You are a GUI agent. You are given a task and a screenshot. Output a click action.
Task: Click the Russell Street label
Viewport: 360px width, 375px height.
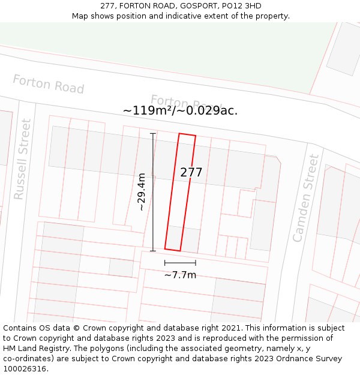click(22, 159)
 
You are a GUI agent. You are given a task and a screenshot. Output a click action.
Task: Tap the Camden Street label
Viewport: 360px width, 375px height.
click(306, 198)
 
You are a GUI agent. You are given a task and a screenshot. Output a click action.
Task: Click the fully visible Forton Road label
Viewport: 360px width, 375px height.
click(48, 84)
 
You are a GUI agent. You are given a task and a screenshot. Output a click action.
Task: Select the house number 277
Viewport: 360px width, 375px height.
click(191, 172)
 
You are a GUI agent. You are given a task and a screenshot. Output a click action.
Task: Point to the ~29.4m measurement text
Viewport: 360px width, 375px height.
click(142, 192)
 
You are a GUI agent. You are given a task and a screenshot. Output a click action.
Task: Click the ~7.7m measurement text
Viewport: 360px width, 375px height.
click(180, 275)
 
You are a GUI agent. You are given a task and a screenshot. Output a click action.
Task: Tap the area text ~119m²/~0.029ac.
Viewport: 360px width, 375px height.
click(180, 110)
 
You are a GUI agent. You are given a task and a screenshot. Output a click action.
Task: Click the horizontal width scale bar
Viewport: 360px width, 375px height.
click(180, 263)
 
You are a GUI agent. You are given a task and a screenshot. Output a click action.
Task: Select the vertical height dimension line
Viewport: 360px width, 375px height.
click(153, 192)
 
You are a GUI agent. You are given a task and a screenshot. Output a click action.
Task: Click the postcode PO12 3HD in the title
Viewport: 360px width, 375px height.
click(241, 6)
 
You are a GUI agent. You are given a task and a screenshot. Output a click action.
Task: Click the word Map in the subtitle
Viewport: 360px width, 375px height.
click(80, 16)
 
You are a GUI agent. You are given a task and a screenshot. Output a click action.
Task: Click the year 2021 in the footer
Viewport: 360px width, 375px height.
click(230, 328)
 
